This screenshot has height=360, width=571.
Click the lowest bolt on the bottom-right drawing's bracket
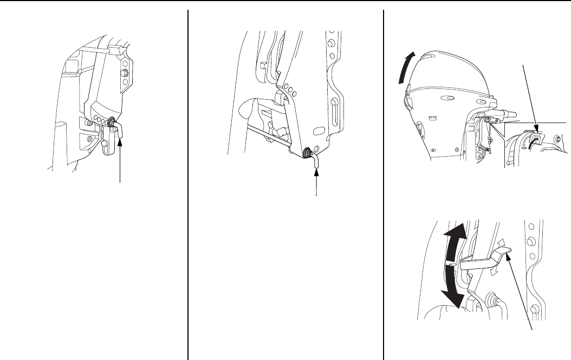tap(535, 309)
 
